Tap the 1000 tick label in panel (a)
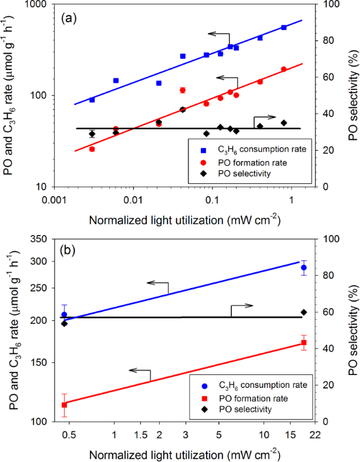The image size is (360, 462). [36, 5]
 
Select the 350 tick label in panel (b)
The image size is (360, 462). [39, 239]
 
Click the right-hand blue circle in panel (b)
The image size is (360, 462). [304, 268]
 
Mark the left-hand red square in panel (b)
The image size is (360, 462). [64, 404]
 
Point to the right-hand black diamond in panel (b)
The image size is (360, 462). [304, 312]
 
